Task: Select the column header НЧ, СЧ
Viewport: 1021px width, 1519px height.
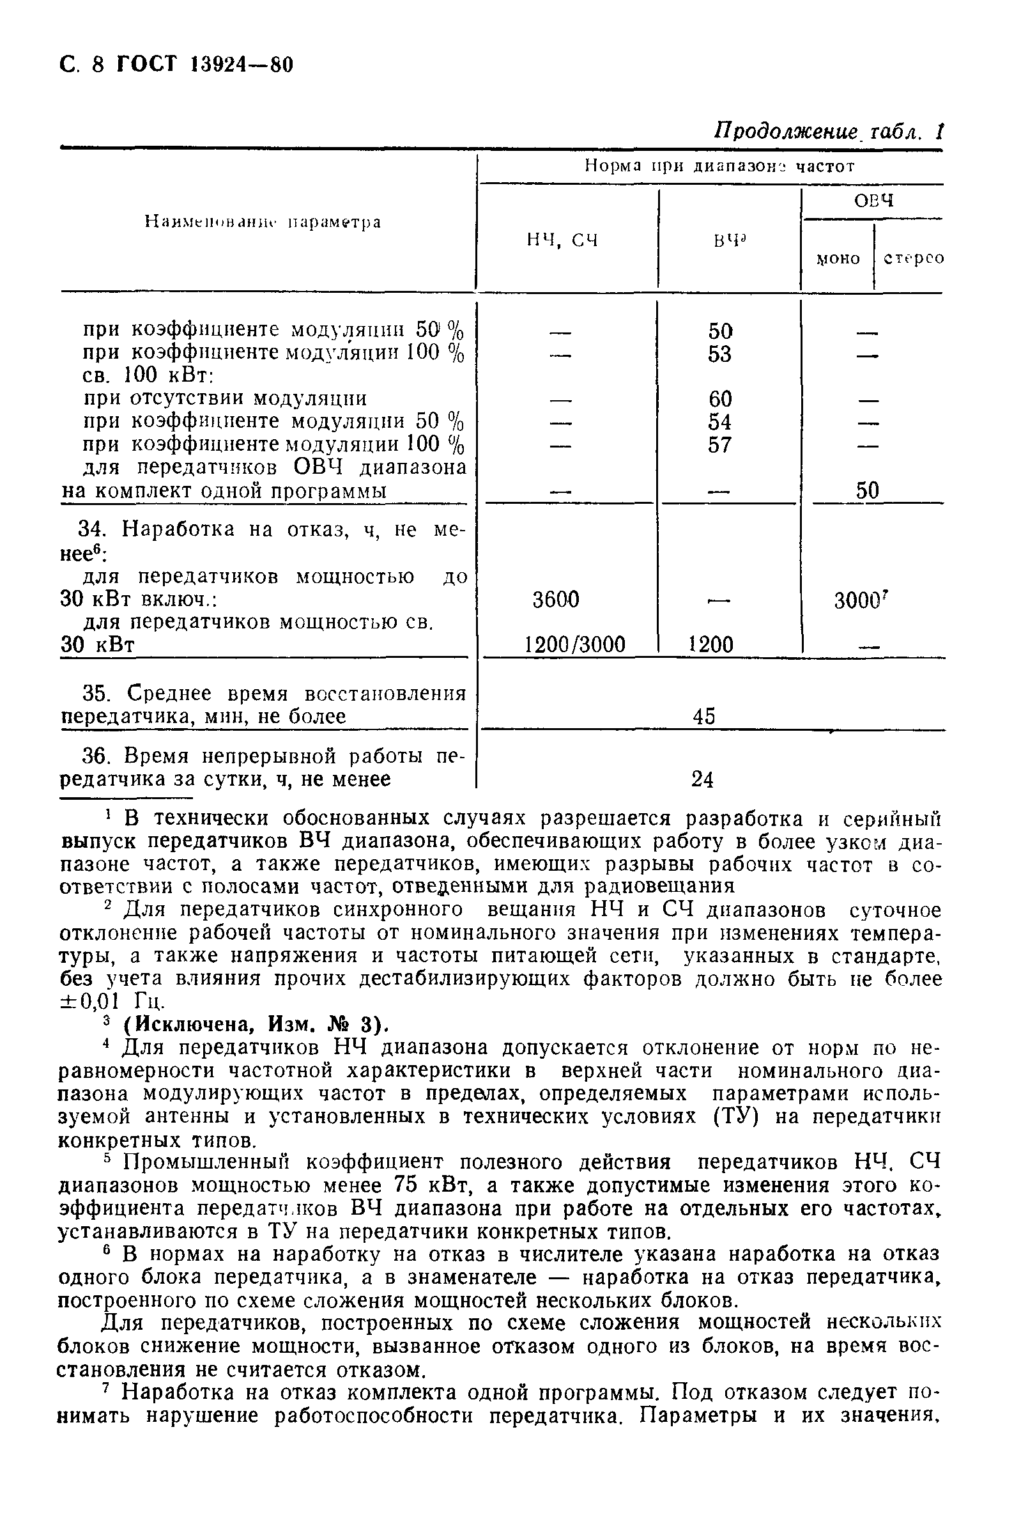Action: tap(562, 241)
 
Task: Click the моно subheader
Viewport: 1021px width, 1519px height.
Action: tap(838, 258)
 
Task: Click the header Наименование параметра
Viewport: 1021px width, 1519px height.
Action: tap(263, 222)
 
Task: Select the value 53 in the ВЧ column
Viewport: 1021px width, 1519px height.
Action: tap(719, 354)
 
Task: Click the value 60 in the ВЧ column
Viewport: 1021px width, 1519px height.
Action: tap(720, 400)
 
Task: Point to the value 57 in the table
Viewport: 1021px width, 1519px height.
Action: tap(720, 446)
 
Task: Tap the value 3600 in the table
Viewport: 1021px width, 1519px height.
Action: tap(555, 600)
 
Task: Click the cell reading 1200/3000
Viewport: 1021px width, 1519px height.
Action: tap(574, 645)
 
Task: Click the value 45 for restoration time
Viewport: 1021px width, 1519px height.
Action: tap(704, 717)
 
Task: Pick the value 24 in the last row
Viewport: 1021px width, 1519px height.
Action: tap(703, 780)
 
